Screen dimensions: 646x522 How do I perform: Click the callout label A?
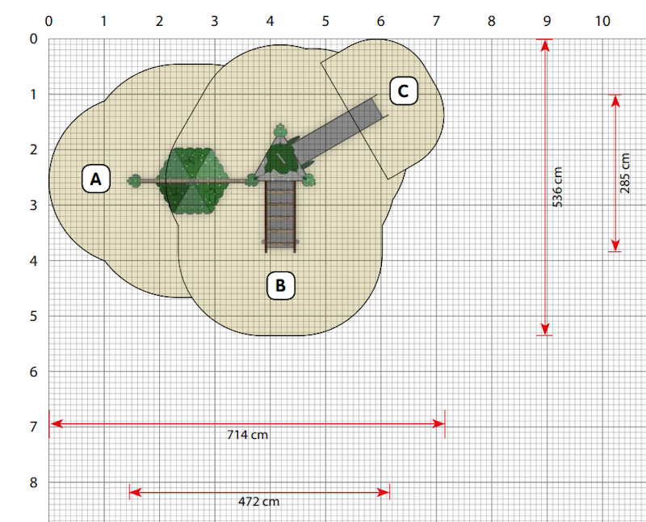click(96, 179)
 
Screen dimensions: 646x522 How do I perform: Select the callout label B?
click(280, 285)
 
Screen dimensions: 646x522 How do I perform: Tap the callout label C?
click(403, 91)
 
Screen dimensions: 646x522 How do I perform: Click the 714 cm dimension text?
click(247, 435)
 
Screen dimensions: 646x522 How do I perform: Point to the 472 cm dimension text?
click(258, 502)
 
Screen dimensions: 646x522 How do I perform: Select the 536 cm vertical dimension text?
click(557, 187)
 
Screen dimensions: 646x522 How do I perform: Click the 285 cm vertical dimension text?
click(624, 173)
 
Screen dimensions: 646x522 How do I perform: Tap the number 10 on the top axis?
click(602, 21)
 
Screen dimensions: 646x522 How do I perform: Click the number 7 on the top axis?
click(436, 21)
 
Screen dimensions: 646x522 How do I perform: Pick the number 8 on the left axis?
click(34, 482)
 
